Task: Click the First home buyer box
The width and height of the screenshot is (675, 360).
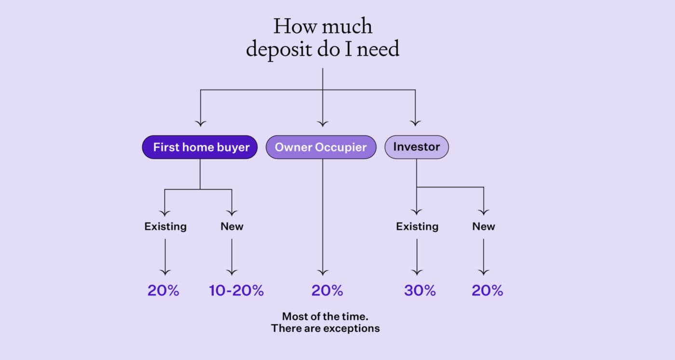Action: [200, 147]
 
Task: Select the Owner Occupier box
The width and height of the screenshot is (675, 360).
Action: [321, 147]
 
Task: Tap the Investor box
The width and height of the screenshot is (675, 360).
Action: [416, 147]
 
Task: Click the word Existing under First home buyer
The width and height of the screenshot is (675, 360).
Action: [165, 226]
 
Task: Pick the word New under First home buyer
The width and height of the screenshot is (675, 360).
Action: [232, 226]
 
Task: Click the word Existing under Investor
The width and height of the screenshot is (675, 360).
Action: [417, 226]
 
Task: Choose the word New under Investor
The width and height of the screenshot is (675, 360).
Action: [484, 226]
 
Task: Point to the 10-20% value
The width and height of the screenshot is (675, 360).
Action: [236, 291]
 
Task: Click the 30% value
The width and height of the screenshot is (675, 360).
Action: [419, 291]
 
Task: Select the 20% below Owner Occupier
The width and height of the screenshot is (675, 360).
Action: [327, 291]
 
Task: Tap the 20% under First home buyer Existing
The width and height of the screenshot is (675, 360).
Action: [163, 291]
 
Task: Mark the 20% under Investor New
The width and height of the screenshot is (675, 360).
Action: [487, 291]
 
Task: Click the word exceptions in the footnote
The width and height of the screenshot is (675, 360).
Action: [351, 329]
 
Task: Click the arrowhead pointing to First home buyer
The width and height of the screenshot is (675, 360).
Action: [200, 123]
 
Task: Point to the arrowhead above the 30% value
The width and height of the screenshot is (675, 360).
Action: [417, 271]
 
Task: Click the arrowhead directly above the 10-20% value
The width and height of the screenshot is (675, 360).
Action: [232, 271]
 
